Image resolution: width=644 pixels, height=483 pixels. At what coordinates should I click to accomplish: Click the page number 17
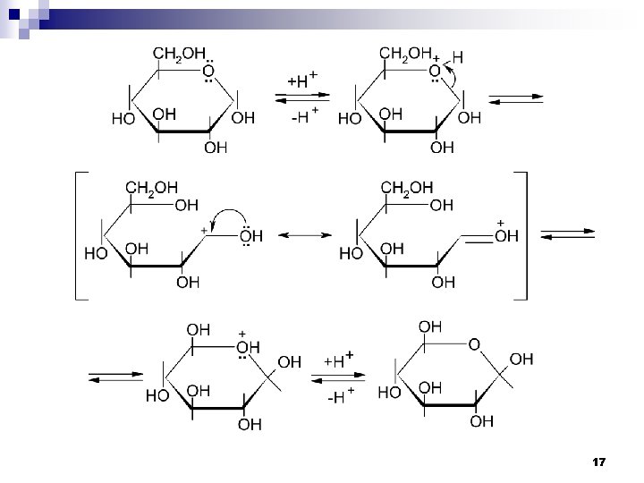(599, 462)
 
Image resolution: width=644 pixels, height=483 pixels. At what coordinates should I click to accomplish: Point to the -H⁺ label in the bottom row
(337, 396)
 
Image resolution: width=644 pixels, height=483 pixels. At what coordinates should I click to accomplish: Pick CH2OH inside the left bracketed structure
(152, 187)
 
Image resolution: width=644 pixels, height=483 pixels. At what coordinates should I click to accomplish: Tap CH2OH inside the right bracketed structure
(407, 187)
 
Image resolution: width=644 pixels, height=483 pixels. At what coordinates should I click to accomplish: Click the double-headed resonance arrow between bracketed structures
(309, 235)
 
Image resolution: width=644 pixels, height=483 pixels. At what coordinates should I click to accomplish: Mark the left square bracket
(79, 235)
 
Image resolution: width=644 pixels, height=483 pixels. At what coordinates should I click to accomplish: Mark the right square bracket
(523, 235)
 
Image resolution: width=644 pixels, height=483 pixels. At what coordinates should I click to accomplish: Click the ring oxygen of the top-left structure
(207, 70)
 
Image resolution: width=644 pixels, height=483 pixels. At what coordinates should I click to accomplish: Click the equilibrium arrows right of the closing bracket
(569, 234)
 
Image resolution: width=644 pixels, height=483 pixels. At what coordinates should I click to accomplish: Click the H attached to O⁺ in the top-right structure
(458, 55)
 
